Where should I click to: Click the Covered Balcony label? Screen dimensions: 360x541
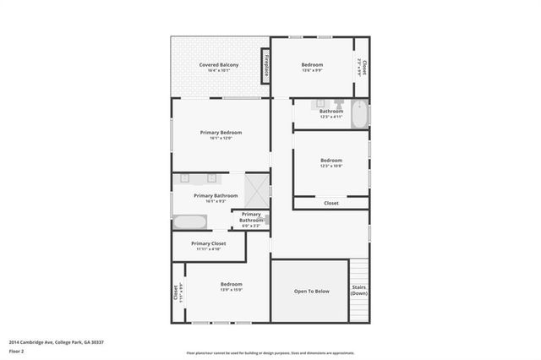pyautogui.click(x=218, y=65)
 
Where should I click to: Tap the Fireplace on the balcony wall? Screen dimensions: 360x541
pyautogui.click(x=265, y=66)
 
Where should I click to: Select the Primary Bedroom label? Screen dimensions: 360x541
pyautogui.click(x=221, y=133)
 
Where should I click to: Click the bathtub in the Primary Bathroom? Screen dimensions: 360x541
pyautogui.click(x=189, y=222)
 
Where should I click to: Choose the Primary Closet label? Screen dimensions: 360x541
pyautogui.click(x=208, y=243)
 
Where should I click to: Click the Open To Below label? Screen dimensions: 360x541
pyautogui.click(x=311, y=291)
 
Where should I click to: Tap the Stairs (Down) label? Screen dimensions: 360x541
pyautogui.click(x=359, y=291)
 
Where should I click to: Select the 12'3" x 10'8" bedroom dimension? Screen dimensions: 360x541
pyautogui.click(x=331, y=166)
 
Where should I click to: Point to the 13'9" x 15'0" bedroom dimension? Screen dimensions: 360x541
pyautogui.click(x=231, y=290)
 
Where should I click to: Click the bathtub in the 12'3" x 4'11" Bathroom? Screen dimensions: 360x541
pyautogui.click(x=359, y=114)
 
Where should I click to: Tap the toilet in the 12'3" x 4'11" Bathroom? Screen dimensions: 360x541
pyautogui.click(x=339, y=106)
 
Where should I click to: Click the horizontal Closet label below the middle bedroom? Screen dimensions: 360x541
pyautogui.click(x=331, y=203)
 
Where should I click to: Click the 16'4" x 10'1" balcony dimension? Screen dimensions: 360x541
pyautogui.click(x=218, y=71)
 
